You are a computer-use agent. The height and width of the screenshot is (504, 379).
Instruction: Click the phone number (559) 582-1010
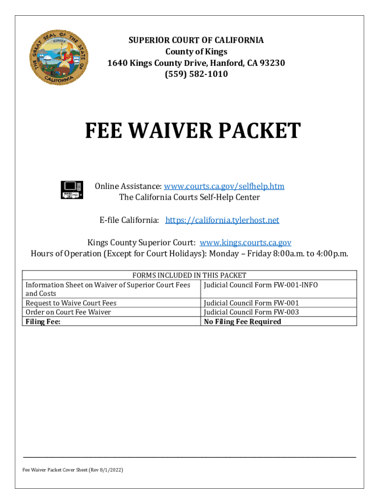pos(196,74)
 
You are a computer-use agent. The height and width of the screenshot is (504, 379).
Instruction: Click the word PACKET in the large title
pos(260,131)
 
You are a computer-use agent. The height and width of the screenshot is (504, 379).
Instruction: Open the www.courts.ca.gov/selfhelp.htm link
pos(224,186)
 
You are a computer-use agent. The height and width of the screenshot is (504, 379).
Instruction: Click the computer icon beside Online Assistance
pos(72,189)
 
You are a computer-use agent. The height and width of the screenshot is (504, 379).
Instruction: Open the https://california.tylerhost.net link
pos(222,220)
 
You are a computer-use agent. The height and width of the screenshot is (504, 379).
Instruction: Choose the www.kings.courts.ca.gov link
pos(246,243)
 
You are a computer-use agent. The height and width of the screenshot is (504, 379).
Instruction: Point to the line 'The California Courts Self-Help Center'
pos(189,197)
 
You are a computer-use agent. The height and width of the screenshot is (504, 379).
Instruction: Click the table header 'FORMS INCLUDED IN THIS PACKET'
pos(189,275)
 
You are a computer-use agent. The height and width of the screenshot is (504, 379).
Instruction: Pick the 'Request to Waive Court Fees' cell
pos(71,303)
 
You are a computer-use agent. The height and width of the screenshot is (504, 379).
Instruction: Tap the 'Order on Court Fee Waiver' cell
pos(68,312)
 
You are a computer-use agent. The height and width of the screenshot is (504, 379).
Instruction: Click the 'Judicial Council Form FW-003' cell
pos(251,312)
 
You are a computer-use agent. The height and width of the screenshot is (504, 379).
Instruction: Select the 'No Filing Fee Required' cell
pos(242,321)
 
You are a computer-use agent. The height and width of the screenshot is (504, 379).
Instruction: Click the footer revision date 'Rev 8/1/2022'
pos(107,470)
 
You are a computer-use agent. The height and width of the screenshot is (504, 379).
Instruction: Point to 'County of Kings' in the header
pos(196,52)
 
